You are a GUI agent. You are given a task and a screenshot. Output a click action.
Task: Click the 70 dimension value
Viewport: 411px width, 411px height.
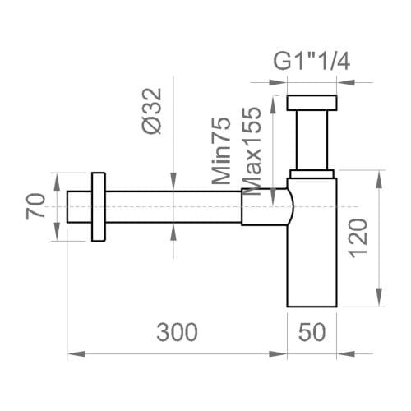click(x=35, y=206)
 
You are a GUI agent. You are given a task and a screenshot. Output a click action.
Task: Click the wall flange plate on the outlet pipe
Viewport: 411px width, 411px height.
click(x=99, y=207)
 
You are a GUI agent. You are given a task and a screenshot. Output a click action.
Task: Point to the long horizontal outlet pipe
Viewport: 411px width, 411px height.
click(x=173, y=207)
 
